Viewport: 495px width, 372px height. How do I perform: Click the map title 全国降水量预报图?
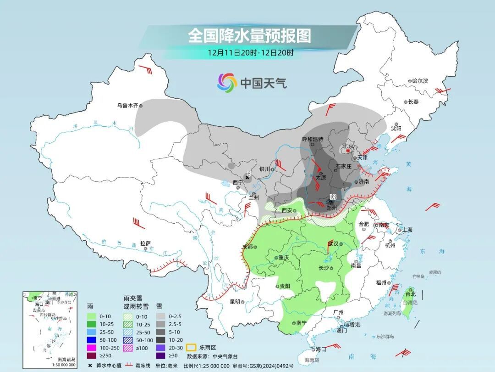(x=249, y=35)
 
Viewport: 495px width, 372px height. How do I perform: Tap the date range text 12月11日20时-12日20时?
(x=250, y=52)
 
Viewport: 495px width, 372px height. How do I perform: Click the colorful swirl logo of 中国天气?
(x=227, y=83)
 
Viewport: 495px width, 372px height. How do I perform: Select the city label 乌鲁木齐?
(x=127, y=106)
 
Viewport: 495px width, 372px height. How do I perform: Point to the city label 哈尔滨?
(x=419, y=81)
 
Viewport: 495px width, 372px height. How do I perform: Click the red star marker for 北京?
(x=348, y=151)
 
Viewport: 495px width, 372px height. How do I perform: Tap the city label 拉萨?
(x=145, y=243)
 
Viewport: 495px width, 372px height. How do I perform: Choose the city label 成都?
(x=247, y=247)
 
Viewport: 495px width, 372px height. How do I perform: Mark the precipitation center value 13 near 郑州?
(x=333, y=197)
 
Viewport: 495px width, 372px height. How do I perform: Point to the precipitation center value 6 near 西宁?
(x=248, y=174)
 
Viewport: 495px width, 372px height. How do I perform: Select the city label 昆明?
(x=235, y=302)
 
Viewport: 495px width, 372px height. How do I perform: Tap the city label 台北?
(x=410, y=294)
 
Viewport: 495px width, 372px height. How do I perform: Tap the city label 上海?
(x=407, y=230)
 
